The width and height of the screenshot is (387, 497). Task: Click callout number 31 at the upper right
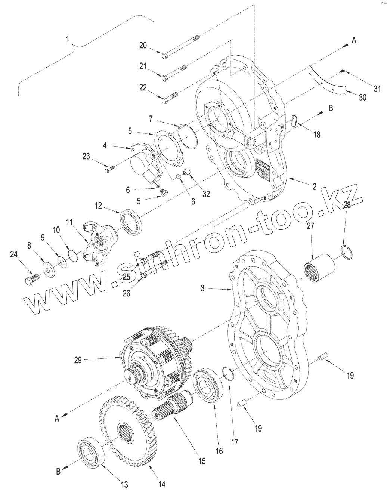[377, 89]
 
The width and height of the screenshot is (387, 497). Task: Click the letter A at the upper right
[353, 41]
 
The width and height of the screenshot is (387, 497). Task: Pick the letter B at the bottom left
[58, 472]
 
